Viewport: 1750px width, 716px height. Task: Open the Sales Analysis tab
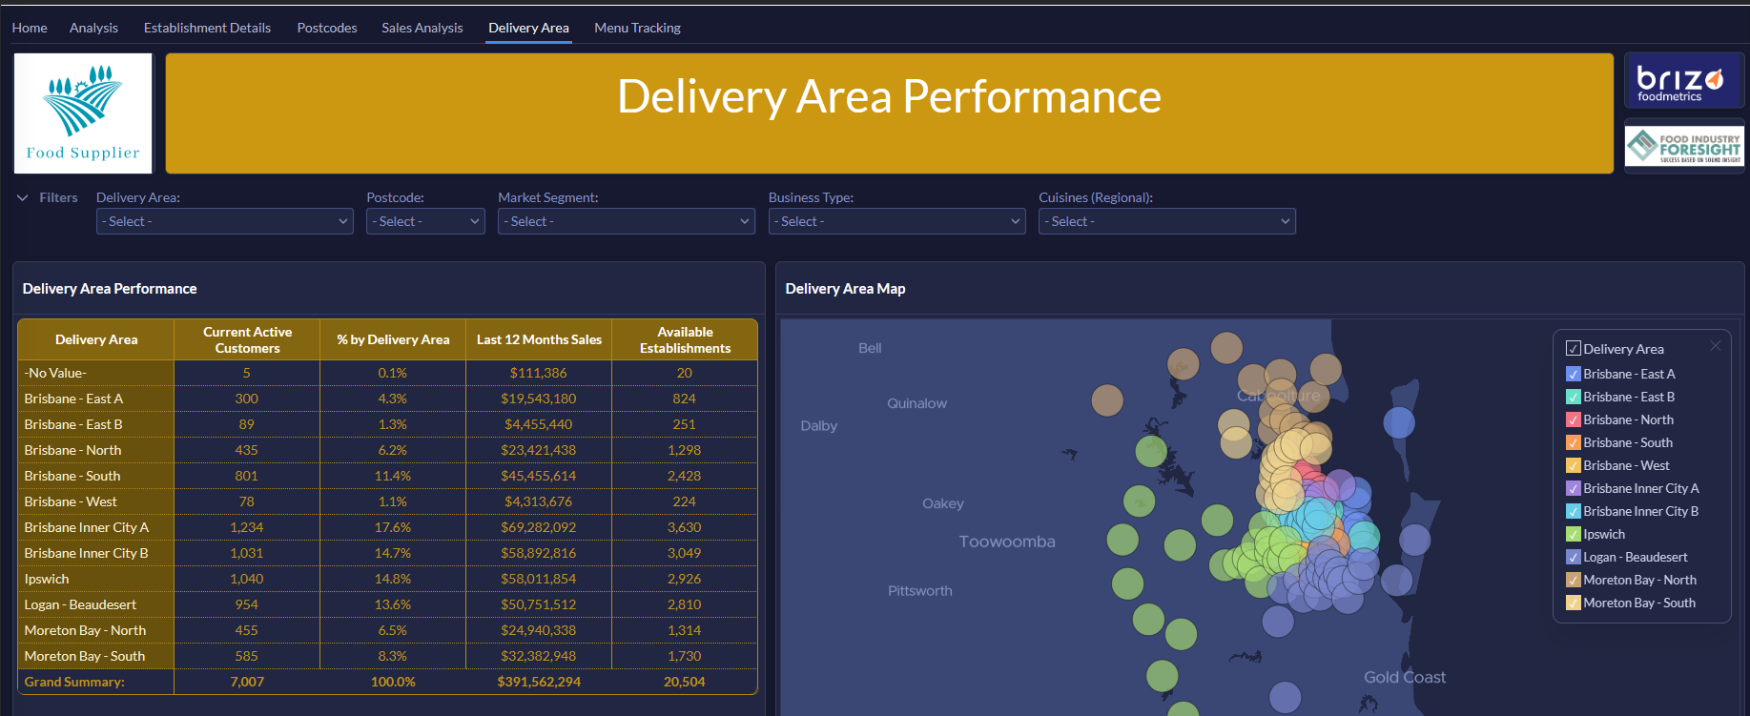point(422,28)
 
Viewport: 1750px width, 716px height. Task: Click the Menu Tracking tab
point(637,28)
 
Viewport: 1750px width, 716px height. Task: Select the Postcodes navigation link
point(327,28)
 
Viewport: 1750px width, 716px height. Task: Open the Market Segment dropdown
point(627,221)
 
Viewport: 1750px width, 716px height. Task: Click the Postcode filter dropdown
point(425,221)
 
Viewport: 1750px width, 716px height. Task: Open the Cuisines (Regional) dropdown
point(1166,221)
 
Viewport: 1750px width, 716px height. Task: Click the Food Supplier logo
point(83,113)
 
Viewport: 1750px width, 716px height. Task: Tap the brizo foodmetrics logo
point(1684,81)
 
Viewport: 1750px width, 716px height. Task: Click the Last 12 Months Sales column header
point(539,339)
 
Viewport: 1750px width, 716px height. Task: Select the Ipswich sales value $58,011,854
point(539,579)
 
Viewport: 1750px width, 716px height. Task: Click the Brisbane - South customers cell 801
point(247,476)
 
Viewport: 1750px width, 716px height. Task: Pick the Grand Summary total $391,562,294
point(539,682)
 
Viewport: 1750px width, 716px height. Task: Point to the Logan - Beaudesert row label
point(80,604)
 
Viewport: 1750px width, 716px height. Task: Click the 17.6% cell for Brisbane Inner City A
point(393,527)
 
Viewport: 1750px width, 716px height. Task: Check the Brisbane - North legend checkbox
point(1574,419)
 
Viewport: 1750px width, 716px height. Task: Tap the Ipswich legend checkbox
point(1574,534)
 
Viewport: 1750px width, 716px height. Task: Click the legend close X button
point(1716,345)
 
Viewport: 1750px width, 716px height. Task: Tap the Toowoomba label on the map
point(1007,542)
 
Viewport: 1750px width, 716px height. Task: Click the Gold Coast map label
point(1405,677)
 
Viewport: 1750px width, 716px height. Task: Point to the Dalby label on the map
point(819,426)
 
